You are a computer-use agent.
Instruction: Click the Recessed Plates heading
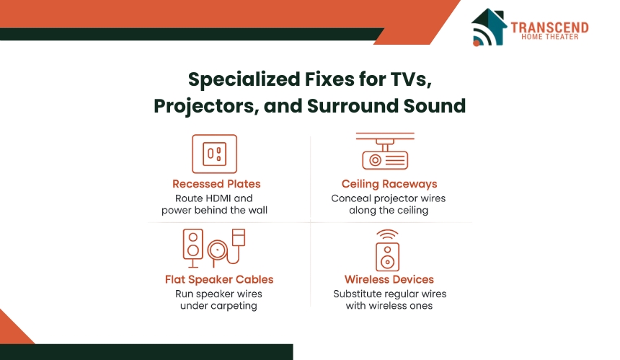(x=216, y=184)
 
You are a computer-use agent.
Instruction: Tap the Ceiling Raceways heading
(x=389, y=184)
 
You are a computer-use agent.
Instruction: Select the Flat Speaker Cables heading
(x=219, y=279)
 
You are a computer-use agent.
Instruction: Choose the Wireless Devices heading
(x=389, y=279)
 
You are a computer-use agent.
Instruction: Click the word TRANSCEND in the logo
(x=549, y=27)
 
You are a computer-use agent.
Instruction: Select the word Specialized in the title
(x=244, y=79)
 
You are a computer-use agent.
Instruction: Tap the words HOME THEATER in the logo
(x=549, y=37)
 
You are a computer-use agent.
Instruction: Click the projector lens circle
(x=375, y=160)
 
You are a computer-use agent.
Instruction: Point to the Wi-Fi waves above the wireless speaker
(x=388, y=234)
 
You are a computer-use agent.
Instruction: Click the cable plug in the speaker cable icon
(x=239, y=237)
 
